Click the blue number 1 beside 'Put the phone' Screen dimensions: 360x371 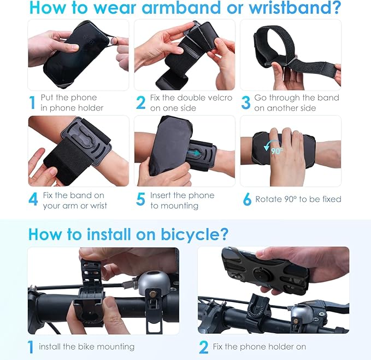click(32, 102)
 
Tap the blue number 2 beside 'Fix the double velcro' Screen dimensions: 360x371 click(141, 102)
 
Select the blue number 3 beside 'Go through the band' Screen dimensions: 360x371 click(246, 102)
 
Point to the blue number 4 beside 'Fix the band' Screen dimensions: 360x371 click(33, 200)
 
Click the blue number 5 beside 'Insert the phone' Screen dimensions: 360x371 click(140, 200)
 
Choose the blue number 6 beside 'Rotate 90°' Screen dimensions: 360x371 click(246, 200)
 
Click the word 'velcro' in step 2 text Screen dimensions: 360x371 click(219, 98)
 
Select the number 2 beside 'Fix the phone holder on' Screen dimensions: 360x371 click(204, 346)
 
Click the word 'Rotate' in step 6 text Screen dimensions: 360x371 click(270, 200)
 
